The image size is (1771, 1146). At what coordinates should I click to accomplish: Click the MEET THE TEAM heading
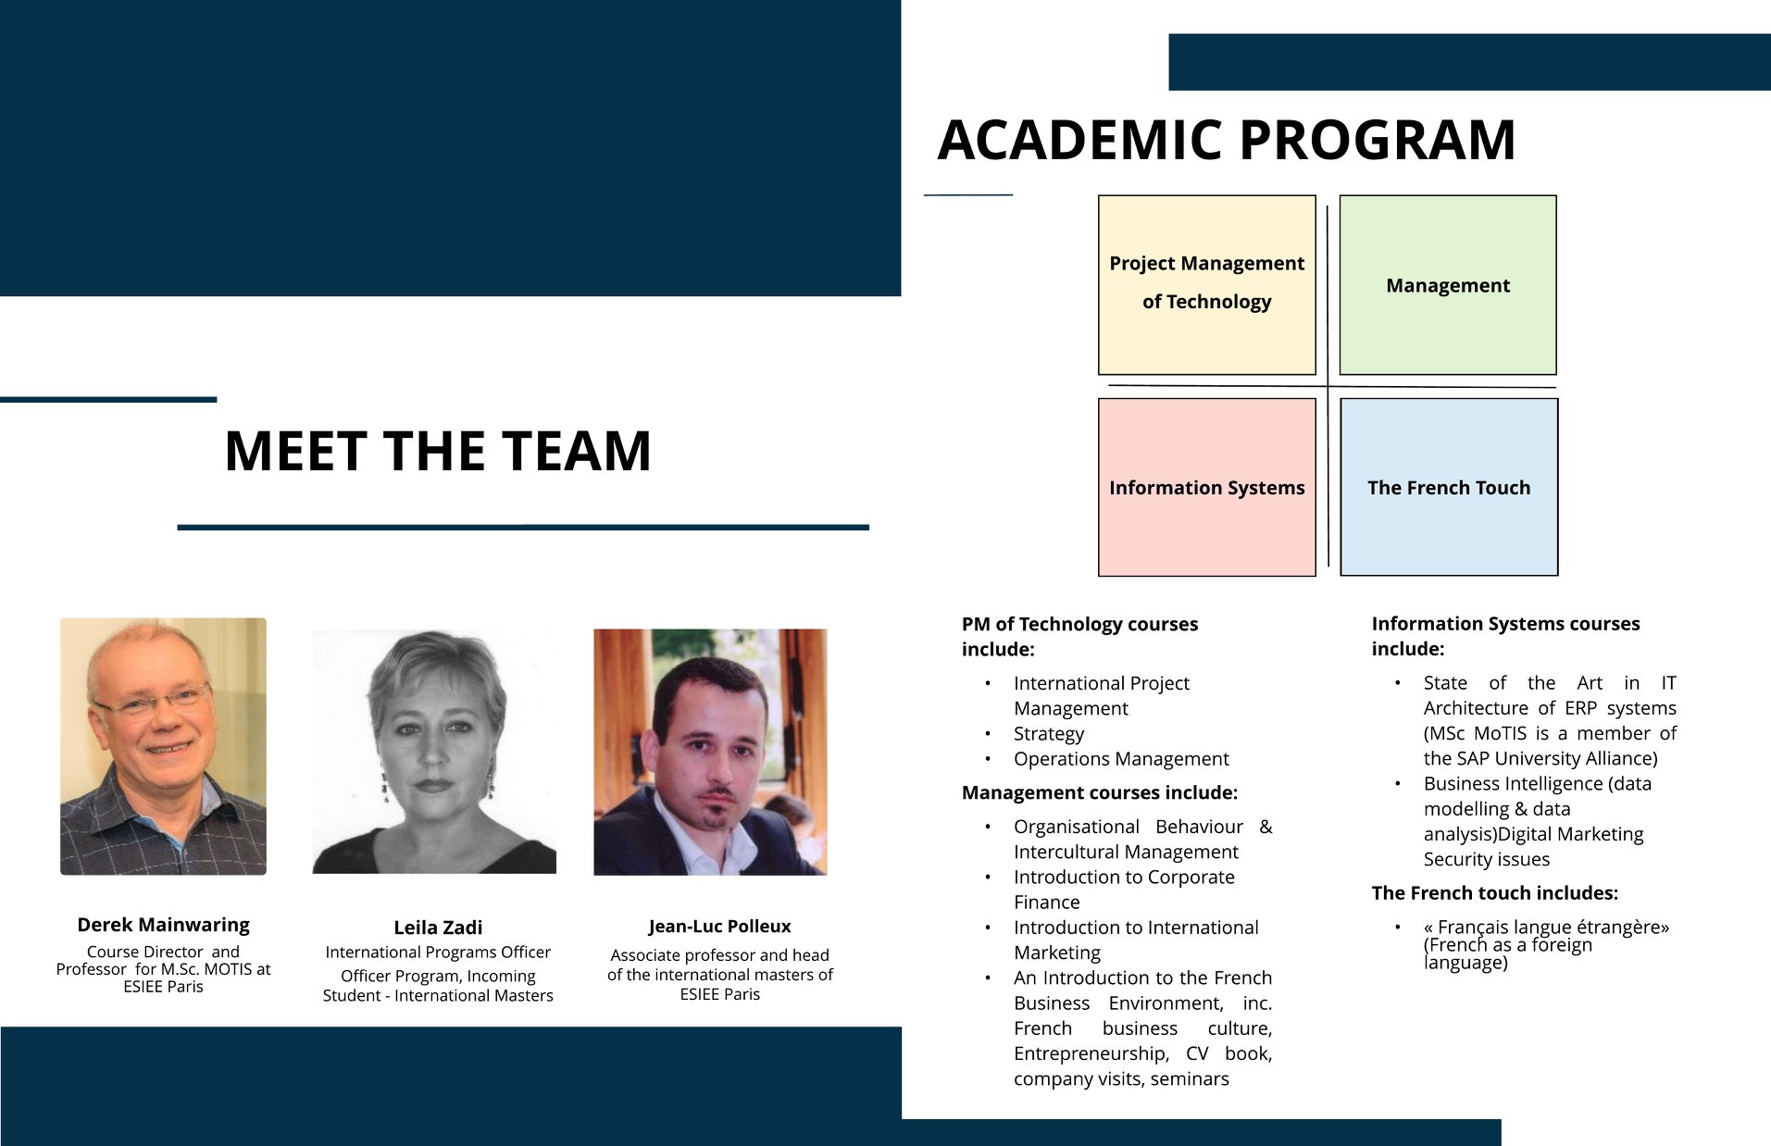(x=438, y=451)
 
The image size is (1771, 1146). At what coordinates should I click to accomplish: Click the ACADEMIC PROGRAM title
(x=1227, y=140)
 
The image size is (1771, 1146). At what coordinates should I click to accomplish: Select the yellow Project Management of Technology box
(x=1206, y=285)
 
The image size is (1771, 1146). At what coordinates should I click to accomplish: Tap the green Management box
(x=1448, y=285)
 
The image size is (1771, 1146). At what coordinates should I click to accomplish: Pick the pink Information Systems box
(x=1206, y=487)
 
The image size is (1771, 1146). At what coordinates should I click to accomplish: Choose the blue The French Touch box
(x=1449, y=487)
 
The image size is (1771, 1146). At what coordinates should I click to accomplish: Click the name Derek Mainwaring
(x=164, y=925)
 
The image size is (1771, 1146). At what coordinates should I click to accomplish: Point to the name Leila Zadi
(x=438, y=928)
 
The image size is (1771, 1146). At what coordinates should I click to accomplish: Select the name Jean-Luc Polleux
(x=719, y=927)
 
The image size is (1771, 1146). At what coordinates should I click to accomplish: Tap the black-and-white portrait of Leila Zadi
(x=434, y=752)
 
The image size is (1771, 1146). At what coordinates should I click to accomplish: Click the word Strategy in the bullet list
(x=1048, y=734)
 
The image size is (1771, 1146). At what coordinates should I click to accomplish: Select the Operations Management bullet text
(x=1121, y=759)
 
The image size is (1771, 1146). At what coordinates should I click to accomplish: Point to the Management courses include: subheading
(x=1100, y=792)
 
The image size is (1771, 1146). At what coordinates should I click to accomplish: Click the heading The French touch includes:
(x=1495, y=893)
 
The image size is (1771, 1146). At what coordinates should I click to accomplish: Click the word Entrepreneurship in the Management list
(x=1091, y=1053)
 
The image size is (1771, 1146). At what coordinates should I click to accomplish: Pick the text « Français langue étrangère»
(x=1546, y=928)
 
